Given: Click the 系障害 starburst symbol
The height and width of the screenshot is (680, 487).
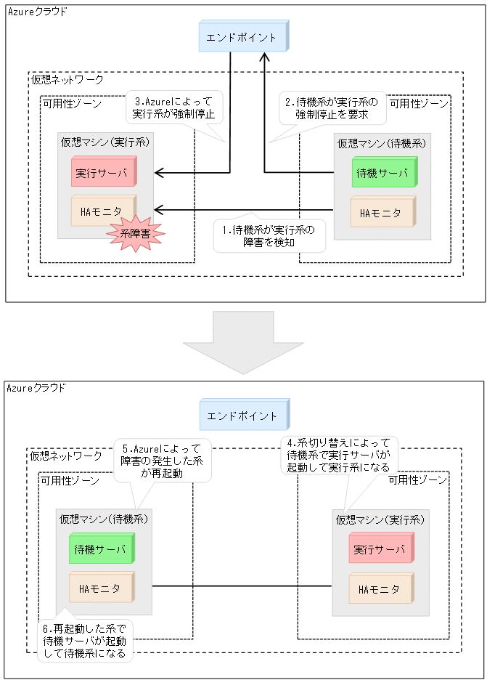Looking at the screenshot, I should [136, 233].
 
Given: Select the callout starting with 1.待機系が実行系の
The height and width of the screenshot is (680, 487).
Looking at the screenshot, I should [269, 236].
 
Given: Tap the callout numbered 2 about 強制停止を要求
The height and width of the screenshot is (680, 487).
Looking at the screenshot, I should [332, 108].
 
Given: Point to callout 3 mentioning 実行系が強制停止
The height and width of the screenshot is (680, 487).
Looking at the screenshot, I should [173, 108].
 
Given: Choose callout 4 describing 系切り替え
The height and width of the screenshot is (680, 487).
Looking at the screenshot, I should [338, 456].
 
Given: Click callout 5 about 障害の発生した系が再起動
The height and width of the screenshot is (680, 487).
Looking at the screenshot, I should [162, 461].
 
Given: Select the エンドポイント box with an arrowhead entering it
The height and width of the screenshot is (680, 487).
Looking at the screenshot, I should [242, 37].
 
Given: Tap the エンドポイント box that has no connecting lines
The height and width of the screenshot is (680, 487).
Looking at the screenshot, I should [242, 416].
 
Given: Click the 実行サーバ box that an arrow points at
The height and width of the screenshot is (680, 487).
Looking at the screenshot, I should [104, 173].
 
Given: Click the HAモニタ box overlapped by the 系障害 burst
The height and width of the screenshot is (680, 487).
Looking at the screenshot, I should [102, 211].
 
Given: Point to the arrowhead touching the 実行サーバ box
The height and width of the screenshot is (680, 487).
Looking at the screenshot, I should [159, 173].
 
